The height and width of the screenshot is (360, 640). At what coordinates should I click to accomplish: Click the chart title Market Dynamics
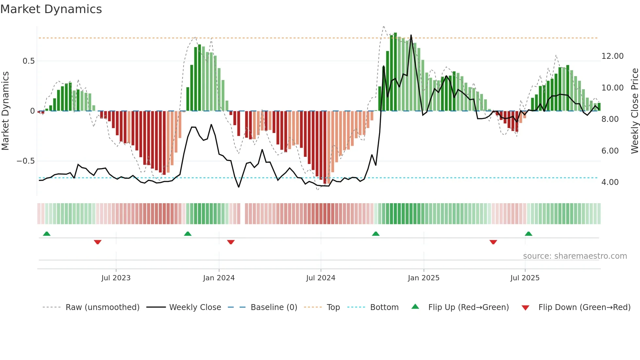[x=51, y=9]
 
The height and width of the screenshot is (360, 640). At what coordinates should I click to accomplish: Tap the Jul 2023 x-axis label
[x=116, y=278]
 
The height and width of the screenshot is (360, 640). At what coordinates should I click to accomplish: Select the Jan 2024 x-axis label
[x=219, y=278]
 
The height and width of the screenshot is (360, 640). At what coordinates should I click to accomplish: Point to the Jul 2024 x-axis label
[x=321, y=278]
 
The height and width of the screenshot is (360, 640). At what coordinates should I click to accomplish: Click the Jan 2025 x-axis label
[x=424, y=278]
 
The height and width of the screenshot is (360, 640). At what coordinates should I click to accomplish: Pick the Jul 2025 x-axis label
[x=525, y=278]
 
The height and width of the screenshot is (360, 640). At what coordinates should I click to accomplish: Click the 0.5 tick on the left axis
[x=28, y=61]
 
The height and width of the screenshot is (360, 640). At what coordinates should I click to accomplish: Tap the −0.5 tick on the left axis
[x=25, y=161]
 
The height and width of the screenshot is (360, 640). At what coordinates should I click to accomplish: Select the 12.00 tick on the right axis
[x=612, y=56]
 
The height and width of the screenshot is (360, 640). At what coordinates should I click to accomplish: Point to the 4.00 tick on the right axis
[x=610, y=182]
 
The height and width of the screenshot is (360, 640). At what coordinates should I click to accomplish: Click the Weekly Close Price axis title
[x=634, y=111]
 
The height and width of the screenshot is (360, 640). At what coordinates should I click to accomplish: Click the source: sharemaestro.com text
[x=575, y=256]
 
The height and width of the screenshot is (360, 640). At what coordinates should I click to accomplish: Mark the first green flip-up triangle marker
[x=47, y=234]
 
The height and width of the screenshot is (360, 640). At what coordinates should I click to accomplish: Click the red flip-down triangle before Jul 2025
[x=493, y=242]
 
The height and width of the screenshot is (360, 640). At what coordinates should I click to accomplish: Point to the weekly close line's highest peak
[x=411, y=35]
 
